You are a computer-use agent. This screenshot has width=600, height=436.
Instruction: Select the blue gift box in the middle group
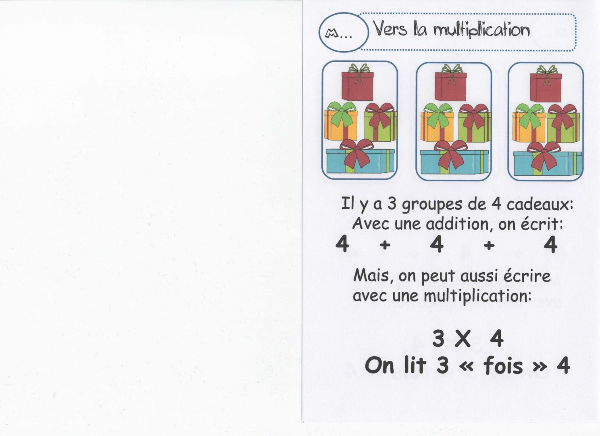point(454,161)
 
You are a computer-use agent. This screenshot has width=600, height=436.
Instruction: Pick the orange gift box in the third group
point(529,127)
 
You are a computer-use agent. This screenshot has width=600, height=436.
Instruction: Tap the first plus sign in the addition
point(385,245)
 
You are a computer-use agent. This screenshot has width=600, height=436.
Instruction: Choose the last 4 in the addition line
point(550,244)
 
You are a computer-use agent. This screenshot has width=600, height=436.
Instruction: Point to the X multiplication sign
point(463,339)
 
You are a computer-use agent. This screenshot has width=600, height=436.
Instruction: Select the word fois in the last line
point(503,366)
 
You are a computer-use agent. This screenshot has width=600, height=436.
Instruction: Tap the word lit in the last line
point(415,365)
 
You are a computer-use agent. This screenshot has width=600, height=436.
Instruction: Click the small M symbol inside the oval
point(332,34)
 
